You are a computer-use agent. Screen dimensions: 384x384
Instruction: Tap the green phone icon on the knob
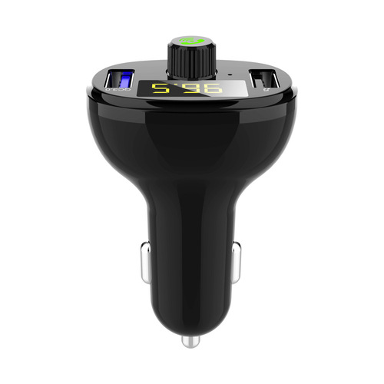click(190, 40)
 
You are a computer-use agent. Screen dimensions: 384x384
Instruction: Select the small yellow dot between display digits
click(174, 94)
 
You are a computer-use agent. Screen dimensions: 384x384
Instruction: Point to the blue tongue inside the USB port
click(128, 78)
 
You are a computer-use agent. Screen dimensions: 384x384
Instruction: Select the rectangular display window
click(186, 88)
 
